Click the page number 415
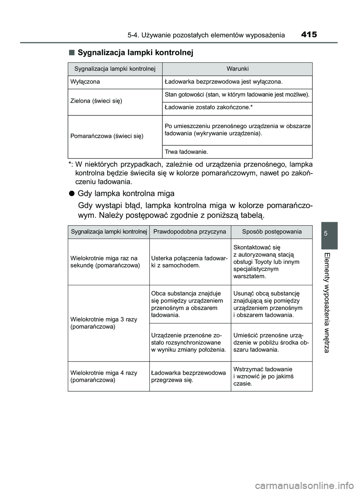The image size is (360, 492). point(309,35)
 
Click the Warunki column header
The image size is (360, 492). point(237,69)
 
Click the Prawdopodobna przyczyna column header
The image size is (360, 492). point(190,232)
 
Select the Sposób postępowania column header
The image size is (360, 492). point(271,232)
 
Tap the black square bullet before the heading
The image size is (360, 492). point(71,53)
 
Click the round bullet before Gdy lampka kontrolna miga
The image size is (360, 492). point(71,194)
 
